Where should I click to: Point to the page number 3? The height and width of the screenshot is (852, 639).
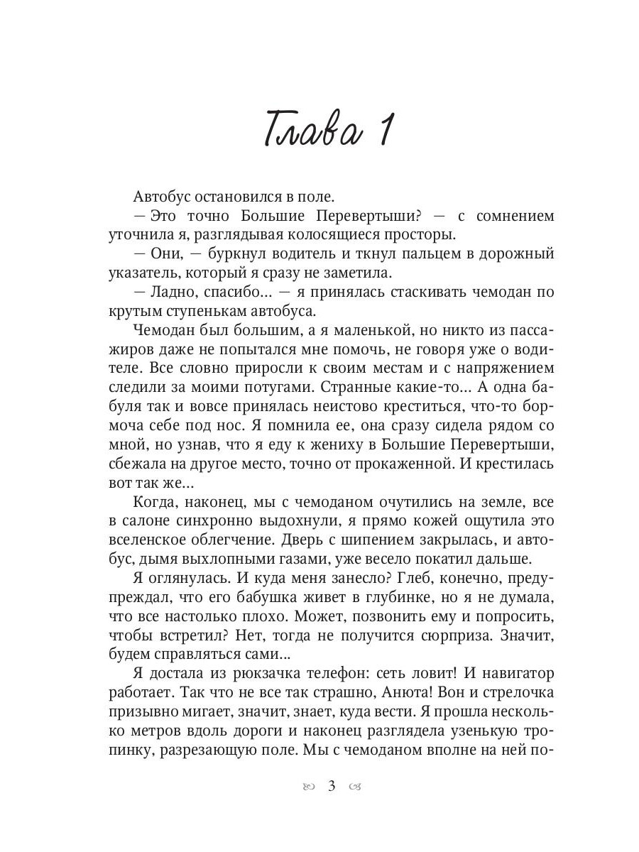[x=332, y=787]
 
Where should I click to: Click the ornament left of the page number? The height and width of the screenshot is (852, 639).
[x=307, y=787]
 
